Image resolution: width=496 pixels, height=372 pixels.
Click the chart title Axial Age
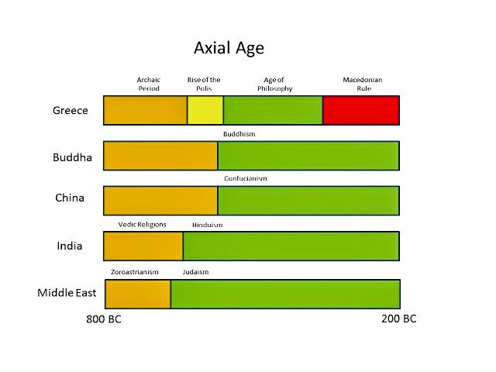(229, 48)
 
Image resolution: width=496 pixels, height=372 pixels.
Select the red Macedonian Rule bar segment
(360, 110)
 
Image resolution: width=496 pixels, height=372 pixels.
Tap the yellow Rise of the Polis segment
(205, 110)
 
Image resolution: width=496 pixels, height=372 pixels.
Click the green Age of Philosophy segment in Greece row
(273, 110)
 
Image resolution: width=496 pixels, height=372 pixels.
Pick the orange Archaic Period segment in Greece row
(145, 110)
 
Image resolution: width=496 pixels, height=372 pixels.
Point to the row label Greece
(71, 110)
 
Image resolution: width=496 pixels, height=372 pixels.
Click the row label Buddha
(72, 157)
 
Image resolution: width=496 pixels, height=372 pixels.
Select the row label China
(70, 198)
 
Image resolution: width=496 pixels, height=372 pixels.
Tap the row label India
(70, 246)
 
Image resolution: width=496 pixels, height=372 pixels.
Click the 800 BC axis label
(103, 320)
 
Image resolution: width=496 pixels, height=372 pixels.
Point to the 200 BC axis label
(399, 319)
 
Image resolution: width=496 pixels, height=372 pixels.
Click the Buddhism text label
(239, 134)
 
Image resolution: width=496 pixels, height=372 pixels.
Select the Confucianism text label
(246, 178)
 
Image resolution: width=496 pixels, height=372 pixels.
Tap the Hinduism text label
(208, 225)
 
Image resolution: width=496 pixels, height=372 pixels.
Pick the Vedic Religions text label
(142, 224)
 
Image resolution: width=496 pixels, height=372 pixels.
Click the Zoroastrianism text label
(135, 272)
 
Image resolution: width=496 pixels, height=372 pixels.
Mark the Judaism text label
(195, 272)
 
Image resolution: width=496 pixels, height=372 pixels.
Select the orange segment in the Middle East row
(137, 294)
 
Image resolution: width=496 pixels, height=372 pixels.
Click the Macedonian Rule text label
(363, 84)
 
